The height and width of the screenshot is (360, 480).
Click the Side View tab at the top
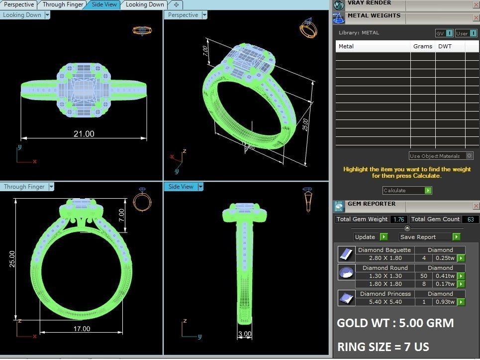tap(104, 4)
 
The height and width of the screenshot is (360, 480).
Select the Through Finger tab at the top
tap(63, 4)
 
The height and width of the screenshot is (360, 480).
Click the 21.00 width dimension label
tap(84, 134)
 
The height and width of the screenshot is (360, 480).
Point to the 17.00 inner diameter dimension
tap(82, 329)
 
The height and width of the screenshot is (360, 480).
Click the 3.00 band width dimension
tap(245, 334)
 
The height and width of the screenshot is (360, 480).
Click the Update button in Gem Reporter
tap(371, 237)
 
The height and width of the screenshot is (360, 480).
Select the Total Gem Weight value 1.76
tap(398, 219)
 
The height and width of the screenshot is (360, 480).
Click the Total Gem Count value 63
tap(470, 219)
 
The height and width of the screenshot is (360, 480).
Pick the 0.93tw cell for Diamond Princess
tap(446, 302)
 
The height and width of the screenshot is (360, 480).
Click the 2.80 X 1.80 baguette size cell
tap(384, 258)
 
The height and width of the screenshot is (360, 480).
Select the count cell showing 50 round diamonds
tap(424, 276)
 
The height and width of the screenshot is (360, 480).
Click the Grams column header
tap(422, 46)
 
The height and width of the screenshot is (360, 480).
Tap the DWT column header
tap(445, 46)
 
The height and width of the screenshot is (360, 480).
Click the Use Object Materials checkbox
tap(470, 156)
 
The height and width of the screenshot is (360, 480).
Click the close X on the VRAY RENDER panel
tap(476, 4)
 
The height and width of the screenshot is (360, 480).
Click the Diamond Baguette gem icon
tap(345, 254)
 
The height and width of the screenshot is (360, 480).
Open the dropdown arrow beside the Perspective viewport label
tap(204, 15)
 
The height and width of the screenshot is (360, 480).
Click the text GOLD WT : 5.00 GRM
tap(395, 323)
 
